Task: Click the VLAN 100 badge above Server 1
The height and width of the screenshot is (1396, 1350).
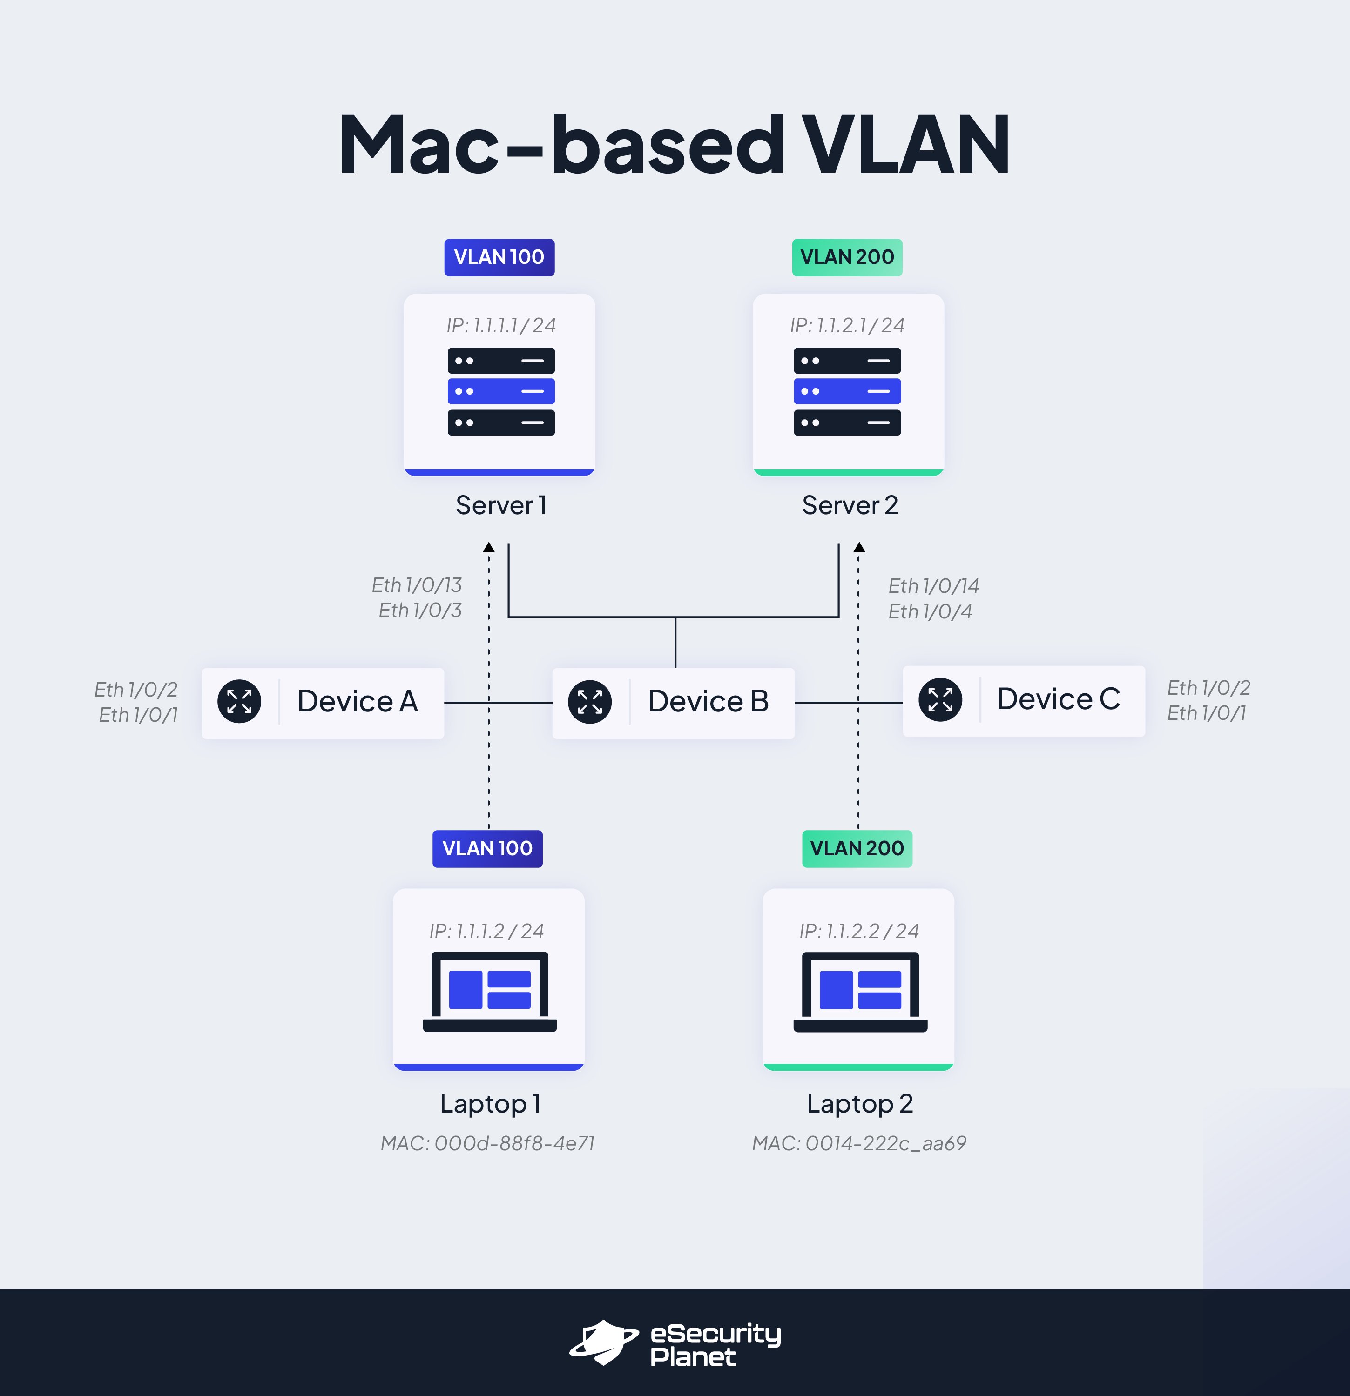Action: click(499, 257)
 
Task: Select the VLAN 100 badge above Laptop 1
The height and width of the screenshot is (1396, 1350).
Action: click(487, 848)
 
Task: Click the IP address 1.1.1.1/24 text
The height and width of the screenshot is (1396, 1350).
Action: click(501, 325)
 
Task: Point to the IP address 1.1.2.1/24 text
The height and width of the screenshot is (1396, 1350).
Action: click(847, 325)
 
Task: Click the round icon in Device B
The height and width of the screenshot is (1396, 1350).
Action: click(590, 702)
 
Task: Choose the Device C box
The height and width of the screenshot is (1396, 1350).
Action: click(1023, 700)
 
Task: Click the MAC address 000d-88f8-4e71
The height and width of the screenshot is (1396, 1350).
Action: click(487, 1143)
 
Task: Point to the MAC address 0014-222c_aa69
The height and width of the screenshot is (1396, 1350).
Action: click(859, 1143)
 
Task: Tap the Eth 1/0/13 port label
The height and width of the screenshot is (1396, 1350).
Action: click(417, 585)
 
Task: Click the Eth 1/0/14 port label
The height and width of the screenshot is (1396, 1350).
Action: click(933, 585)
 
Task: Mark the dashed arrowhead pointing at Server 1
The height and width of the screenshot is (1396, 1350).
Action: click(489, 548)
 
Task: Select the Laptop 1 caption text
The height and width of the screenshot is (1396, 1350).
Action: click(490, 1103)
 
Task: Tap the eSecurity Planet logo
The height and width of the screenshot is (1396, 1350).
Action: click(675, 1342)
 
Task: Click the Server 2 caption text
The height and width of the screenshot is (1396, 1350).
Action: click(850, 505)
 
